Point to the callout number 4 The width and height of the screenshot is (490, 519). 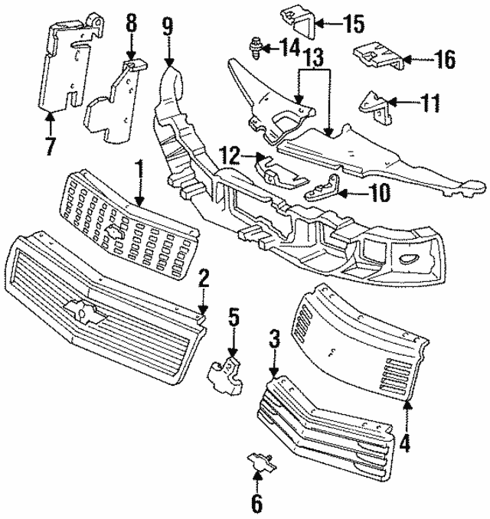pyautogui.click(x=406, y=442)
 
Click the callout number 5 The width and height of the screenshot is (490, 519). pyautogui.click(x=234, y=316)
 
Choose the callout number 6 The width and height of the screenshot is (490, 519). pyautogui.click(x=256, y=503)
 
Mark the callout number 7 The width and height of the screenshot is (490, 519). pyautogui.click(x=50, y=145)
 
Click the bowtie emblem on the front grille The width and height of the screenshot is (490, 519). pyautogui.click(x=78, y=308)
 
